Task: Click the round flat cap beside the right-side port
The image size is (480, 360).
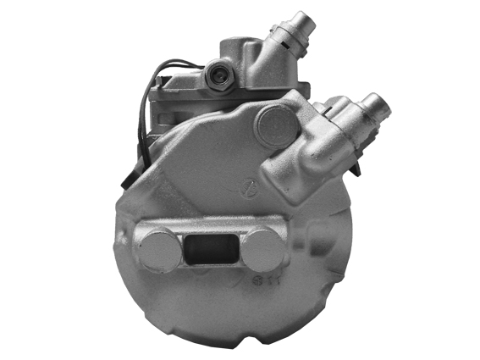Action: point(275,126)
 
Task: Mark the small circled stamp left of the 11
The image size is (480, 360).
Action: point(251,279)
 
